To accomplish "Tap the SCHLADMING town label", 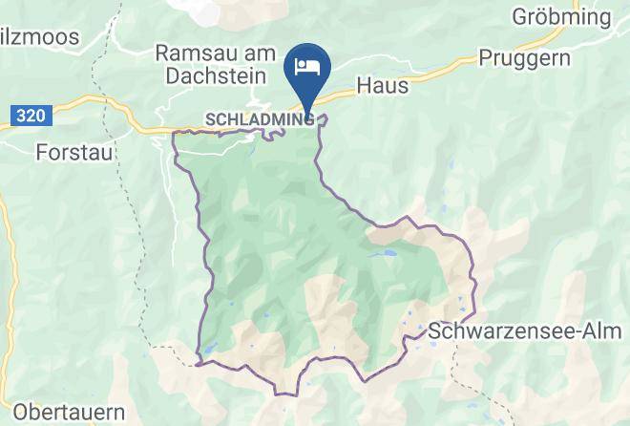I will point(259,119).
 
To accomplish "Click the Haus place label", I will point(382,85).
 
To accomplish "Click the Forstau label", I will point(73,151).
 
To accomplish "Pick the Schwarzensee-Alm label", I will point(526,331).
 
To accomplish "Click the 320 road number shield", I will point(31,115).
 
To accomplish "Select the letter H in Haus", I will point(364,85).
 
